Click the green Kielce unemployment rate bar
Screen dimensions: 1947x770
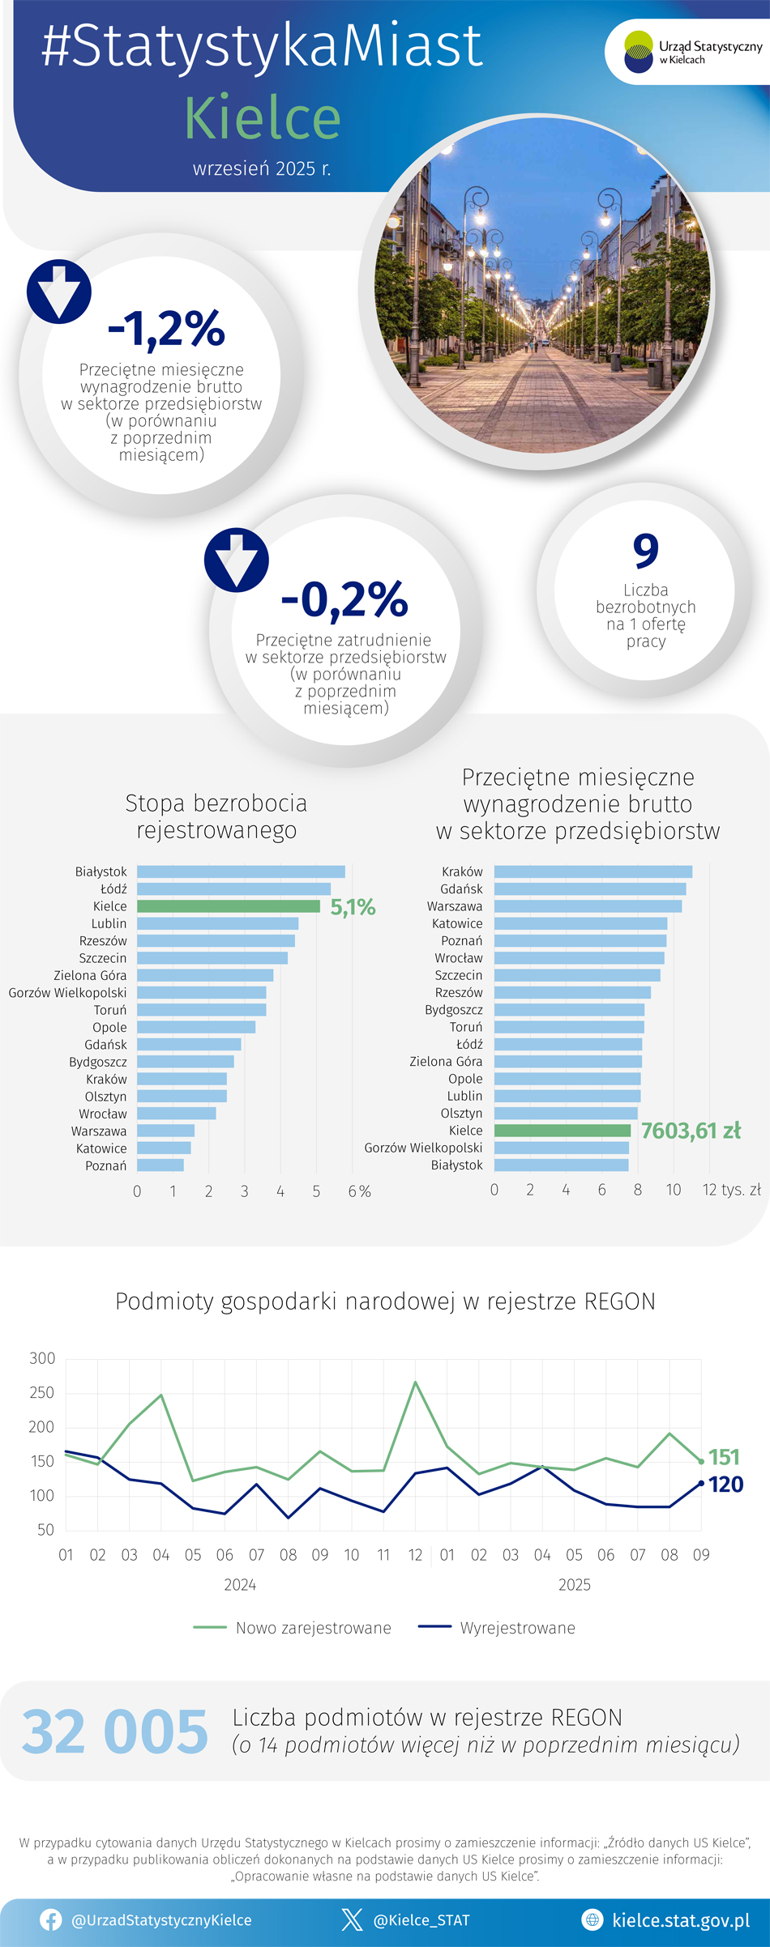(229, 906)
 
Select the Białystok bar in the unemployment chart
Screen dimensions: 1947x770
(241, 871)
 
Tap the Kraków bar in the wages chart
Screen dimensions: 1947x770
(592, 871)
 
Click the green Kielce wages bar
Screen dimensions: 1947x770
(562, 1131)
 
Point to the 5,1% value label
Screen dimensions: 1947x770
(353, 907)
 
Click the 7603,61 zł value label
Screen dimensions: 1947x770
(691, 1131)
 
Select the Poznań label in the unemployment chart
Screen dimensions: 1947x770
(106, 1165)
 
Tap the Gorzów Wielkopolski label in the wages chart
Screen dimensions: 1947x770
(423, 1148)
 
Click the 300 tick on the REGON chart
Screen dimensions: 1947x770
(42, 1358)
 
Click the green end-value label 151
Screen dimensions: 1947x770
(724, 1457)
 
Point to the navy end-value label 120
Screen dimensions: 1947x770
(725, 1485)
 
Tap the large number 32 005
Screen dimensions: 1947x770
(114, 1732)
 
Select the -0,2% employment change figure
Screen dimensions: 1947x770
(344, 599)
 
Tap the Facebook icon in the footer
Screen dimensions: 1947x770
(51, 1919)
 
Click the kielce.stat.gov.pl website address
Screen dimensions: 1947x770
(680, 1920)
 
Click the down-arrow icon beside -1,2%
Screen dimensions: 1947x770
(59, 292)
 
